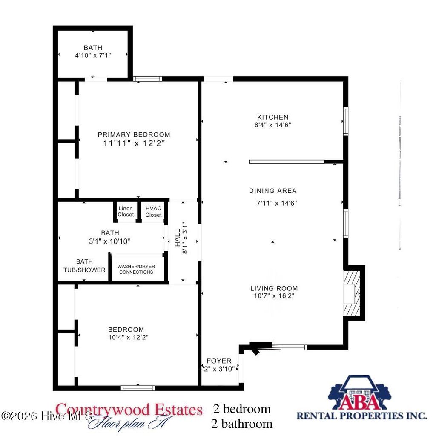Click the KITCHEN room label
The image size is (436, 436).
tap(272, 117)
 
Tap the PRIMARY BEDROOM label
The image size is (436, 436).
tap(134, 135)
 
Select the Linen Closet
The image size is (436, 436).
tap(126, 212)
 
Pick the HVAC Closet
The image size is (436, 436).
tap(153, 212)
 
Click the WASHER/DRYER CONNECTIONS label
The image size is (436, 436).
tap(136, 269)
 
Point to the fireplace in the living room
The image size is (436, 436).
tap(353, 293)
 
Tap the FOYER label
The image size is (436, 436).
tap(219, 361)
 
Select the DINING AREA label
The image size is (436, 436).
tap(273, 191)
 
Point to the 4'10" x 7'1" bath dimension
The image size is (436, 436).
tap(93, 55)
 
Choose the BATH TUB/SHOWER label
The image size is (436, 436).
tap(84, 266)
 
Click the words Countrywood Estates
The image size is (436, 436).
tap(129, 410)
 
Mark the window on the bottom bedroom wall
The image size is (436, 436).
tap(138, 388)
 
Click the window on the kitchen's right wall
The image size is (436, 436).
tap(346, 121)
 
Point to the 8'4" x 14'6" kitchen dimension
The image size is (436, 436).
tap(272, 125)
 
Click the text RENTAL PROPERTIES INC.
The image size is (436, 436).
tap(361, 415)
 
